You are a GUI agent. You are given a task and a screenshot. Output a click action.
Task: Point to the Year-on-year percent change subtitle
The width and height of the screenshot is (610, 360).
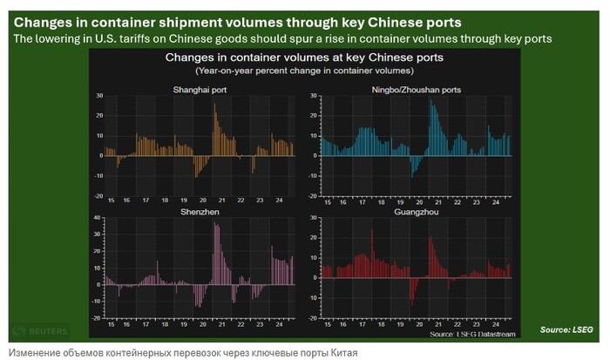point(305,69)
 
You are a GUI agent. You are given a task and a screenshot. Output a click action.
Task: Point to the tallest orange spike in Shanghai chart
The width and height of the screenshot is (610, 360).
point(215,105)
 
